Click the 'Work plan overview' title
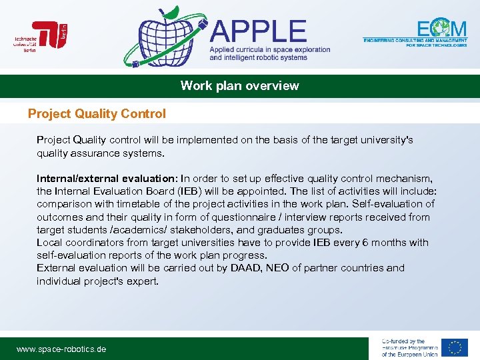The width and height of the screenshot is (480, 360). pyautogui.click(x=240, y=86)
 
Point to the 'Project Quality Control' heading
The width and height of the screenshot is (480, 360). pyautogui.click(x=97, y=114)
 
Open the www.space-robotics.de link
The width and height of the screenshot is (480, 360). pyautogui.click(x=61, y=349)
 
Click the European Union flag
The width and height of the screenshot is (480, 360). pyautogui.click(x=455, y=347)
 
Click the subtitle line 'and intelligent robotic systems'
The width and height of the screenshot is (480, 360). pyautogui.click(x=259, y=58)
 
